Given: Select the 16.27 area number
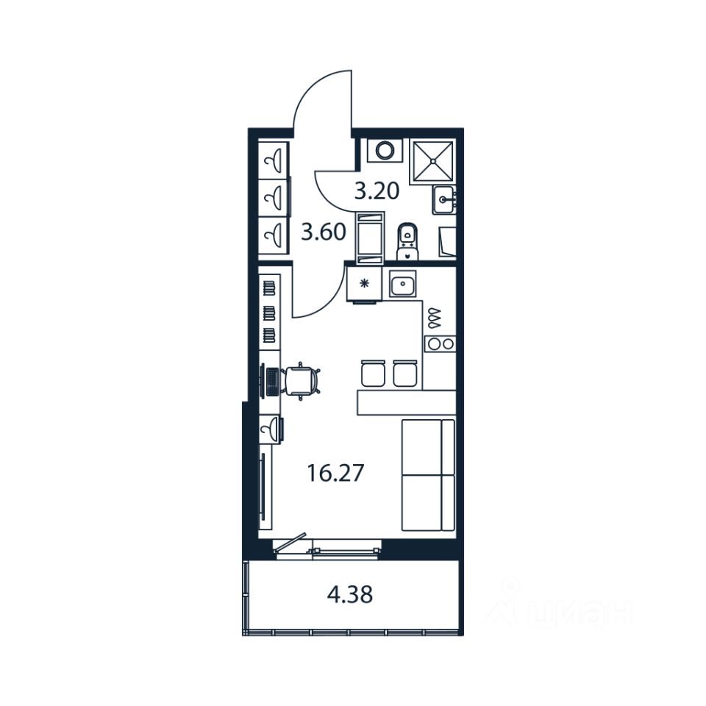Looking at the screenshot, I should coord(335,473).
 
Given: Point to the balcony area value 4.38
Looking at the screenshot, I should coord(349,594).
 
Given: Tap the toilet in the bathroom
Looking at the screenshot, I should coord(407,240).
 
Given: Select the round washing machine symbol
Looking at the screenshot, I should coord(385,151).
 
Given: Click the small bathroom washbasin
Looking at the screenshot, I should coord(444,197).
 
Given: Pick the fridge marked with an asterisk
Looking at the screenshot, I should coord(365,283).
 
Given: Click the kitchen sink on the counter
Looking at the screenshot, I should coord(403,284).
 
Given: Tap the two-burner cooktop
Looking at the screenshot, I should coord(439,343).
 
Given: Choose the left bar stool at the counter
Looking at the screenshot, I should coord(374,373).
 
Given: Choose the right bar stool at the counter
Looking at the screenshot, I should coord(405,373).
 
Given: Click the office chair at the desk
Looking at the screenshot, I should coord(302,380).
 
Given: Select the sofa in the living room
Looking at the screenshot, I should coord(428,474).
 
